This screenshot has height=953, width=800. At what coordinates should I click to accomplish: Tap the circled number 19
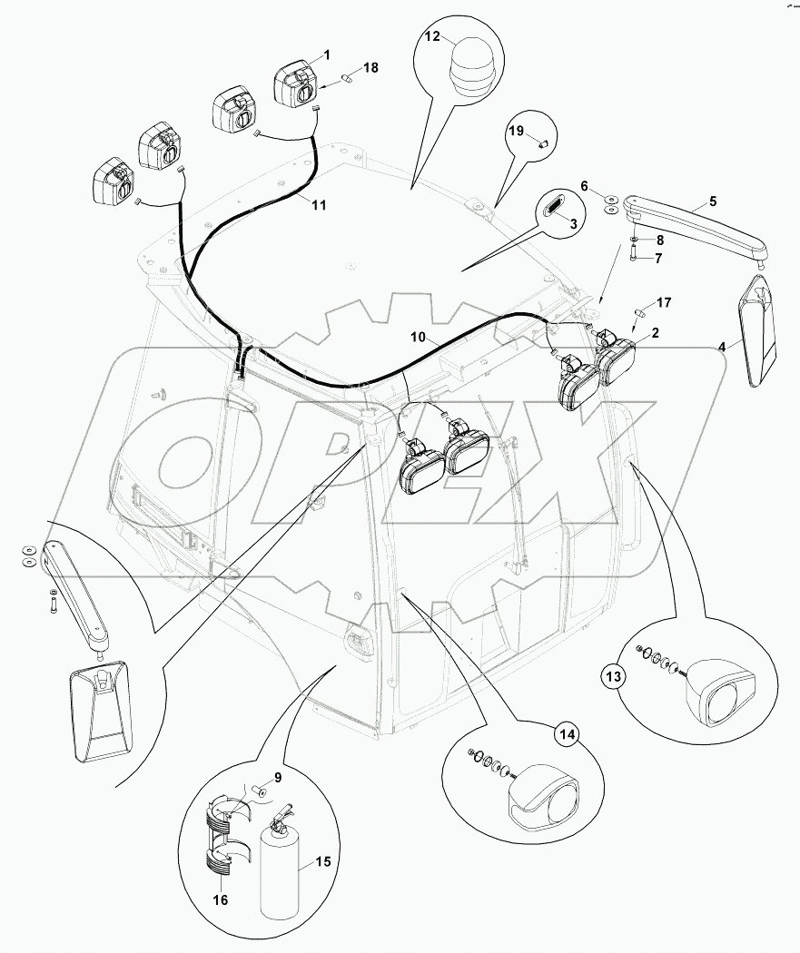516,133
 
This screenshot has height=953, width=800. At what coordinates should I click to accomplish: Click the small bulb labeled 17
639,313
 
